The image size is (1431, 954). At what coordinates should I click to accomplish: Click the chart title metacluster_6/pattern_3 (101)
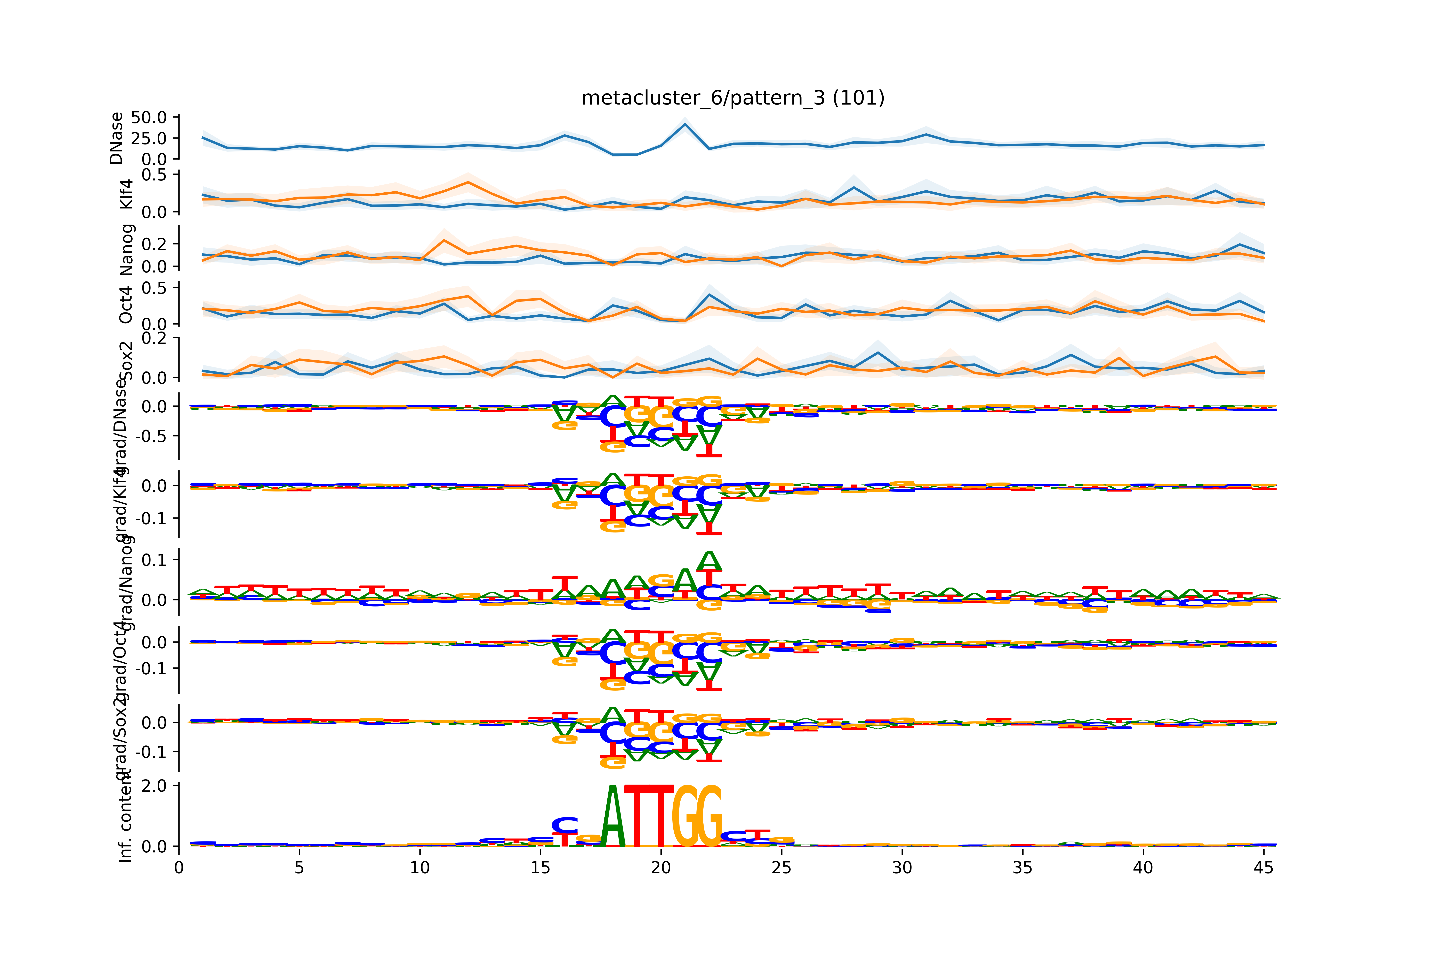click(733, 98)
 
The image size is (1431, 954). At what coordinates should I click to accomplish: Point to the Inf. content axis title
click(125, 815)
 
